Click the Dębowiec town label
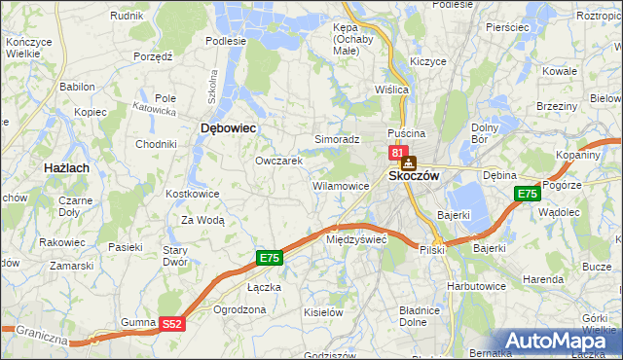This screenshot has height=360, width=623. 228,127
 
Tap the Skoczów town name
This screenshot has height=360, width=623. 415,176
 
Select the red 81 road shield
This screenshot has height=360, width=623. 397,153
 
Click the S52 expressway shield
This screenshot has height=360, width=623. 171,324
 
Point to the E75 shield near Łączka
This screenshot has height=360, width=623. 270,258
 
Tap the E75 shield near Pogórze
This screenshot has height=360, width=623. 527,194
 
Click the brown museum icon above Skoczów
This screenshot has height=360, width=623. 409,162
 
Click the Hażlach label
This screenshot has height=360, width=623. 66,168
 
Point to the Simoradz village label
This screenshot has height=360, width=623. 337,139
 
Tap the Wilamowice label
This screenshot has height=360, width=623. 340,185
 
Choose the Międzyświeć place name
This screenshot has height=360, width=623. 357,238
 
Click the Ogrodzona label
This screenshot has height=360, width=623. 239,309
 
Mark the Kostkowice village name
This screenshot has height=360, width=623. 192,194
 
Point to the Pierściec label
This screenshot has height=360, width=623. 505,27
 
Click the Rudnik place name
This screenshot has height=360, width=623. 127,17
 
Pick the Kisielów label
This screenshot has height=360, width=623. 324,312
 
